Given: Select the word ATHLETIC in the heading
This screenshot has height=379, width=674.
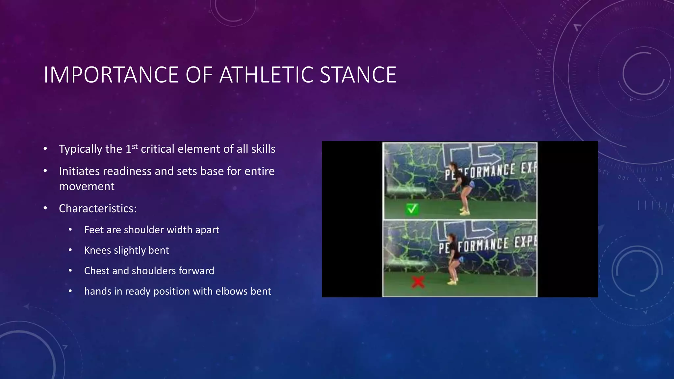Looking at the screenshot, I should (267, 75).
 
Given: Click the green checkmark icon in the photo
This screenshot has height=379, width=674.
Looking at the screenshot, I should (412, 209).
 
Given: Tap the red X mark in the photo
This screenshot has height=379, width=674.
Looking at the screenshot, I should (418, 282).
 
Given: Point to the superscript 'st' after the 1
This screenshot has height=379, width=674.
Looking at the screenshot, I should (135, 146).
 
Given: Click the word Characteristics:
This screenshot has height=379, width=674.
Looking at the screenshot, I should (98, 209).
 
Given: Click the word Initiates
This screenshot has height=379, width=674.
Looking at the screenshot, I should (79, 171).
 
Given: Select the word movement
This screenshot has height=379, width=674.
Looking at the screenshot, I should (87, 187).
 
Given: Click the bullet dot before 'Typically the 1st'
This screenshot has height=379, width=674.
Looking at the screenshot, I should (45, 149).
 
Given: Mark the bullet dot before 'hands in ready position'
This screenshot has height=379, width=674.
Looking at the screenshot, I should (70, 291).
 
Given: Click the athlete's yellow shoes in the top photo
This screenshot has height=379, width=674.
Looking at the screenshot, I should (464, 212).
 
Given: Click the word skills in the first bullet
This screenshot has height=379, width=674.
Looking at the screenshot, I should (263, 149).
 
